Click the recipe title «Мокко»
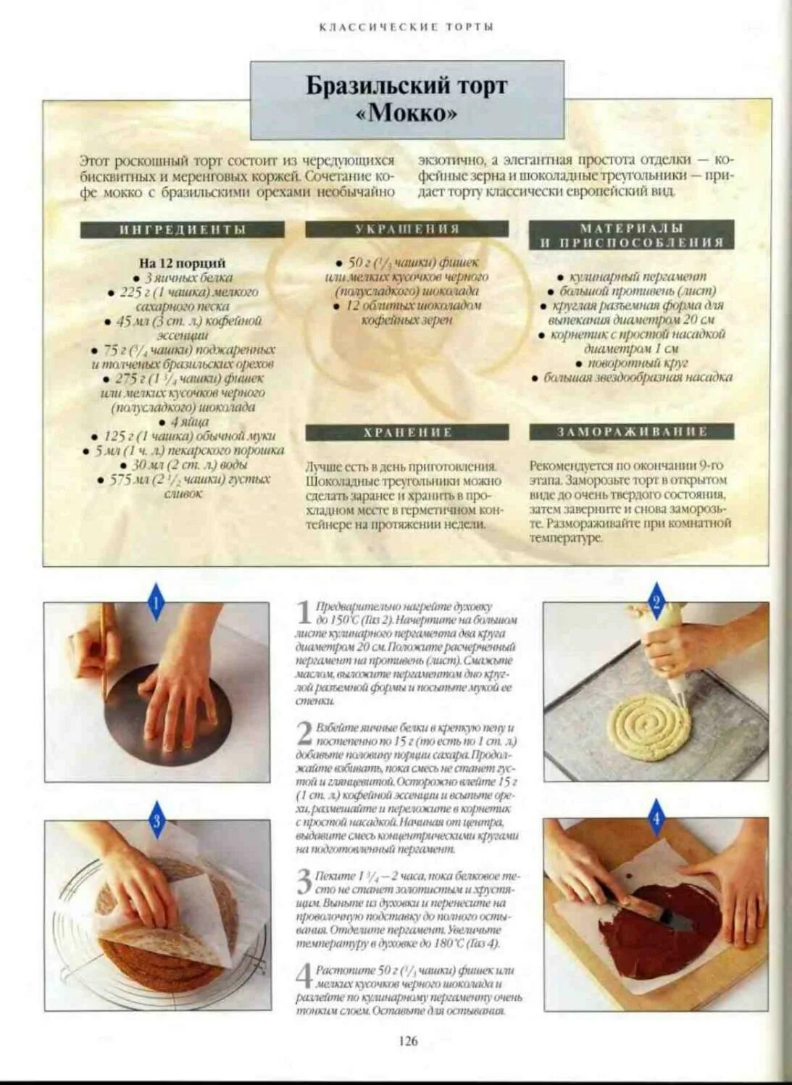pyautogui.click(x=407, y=114)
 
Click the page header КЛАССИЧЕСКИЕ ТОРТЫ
pyautogui.click(x=407, y=27)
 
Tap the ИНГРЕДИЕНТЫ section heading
pyautogui.click(x=182, y=230)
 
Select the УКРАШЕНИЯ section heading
pyautogui.click(x=407, y=229)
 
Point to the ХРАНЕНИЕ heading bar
pyautogui.click(x=407, y=433)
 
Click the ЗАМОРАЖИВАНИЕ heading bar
pyautogui.click(x=631, y=432)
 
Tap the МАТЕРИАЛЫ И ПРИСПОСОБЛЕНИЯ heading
pyautogui.click(x=631, y=236)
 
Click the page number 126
pyautogui.click(x=408, y=1041)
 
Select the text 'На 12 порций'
pyautogui.click(x=182, y=263)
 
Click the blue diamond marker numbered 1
pyautogui.click(x=157, y=602)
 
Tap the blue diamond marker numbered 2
pyautogui.click(x=656, y=602)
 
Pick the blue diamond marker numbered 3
pyautogui.click(x=157, y=820)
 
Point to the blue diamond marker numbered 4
pyautogui.click(x=656, y=819)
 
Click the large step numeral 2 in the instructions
pyautogui.click(x=304, y=733)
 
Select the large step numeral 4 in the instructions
pyautogui.click(x=304, y=976)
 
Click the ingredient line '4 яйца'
pyautogui.click(x=189, y=422)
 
